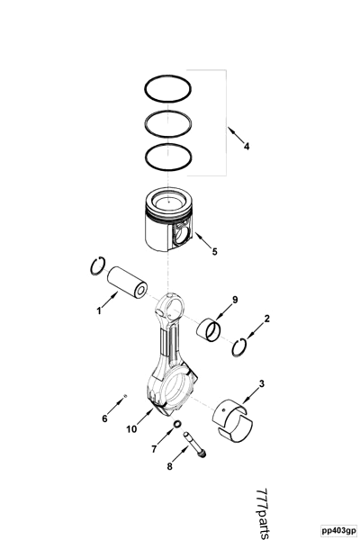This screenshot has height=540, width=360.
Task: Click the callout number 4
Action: click(x=247, y=148)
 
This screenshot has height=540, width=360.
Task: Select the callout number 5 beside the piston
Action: click(x=214, y=251)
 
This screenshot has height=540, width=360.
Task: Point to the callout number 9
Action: click(x=235, y=300)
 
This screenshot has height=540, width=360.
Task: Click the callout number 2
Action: click(x=266, y=319)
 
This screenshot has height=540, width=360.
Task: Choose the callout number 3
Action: click(x=261, y=384)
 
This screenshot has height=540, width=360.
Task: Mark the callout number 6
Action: click(x=104, y=418)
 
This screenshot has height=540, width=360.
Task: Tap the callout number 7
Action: click(x=154, y=447)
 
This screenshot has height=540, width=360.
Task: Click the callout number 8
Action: click(x=168, y=466)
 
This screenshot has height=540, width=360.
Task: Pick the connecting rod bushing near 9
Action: click(x=211, y=328)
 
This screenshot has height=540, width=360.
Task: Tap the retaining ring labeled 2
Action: click(x=240, y=347)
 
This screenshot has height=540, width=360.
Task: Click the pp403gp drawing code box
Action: click(x=337, y=530)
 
